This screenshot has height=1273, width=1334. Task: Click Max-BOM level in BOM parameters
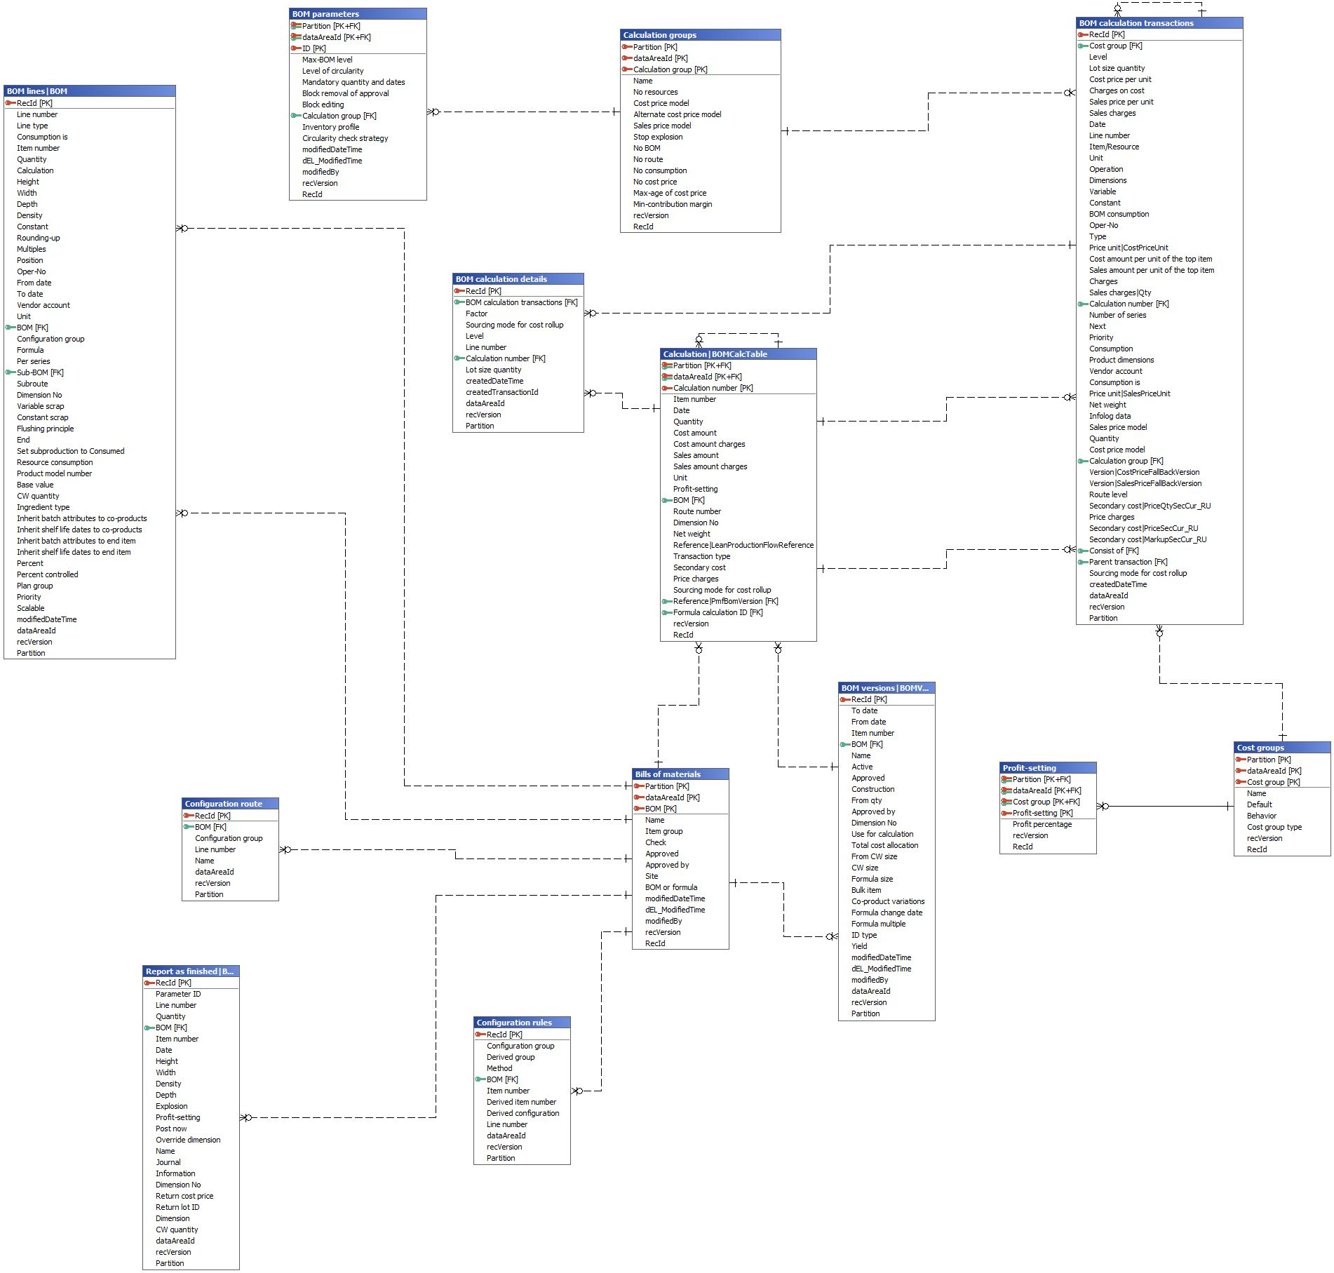click(327, 60)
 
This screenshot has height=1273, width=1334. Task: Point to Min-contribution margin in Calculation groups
click(672, 204)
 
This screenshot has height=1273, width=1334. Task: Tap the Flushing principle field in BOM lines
click(45, 429)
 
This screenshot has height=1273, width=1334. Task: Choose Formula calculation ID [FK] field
click(717, 612)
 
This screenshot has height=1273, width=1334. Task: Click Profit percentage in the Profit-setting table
click(1042, 824)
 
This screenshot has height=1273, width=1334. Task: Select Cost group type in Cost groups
click(1274, 827)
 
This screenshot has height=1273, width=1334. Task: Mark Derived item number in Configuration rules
click(521, 1102)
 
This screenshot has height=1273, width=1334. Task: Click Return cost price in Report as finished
click(184, 1196)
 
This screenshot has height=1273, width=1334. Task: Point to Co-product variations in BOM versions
click(887, 901)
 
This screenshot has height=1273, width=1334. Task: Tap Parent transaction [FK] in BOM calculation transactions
click(1128, 562)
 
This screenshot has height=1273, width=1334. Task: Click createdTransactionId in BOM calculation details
click(501, 392)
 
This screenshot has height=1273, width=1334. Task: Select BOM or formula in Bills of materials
click(671, 887)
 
